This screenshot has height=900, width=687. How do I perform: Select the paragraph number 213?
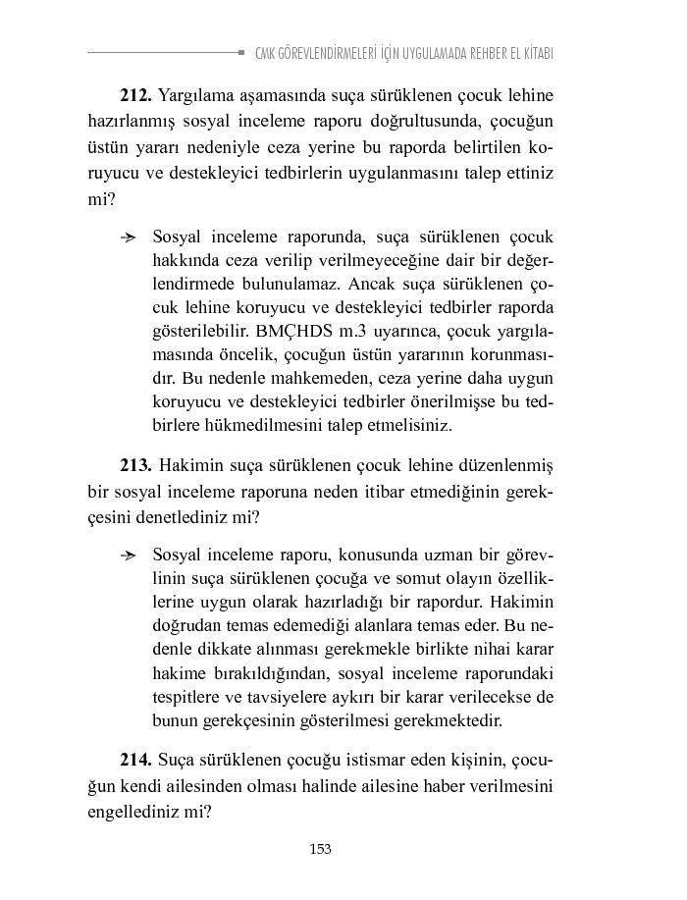click(135, 464)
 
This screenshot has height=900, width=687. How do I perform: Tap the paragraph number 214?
click(135, 761)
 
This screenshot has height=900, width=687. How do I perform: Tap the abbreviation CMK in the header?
click(265, 53)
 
